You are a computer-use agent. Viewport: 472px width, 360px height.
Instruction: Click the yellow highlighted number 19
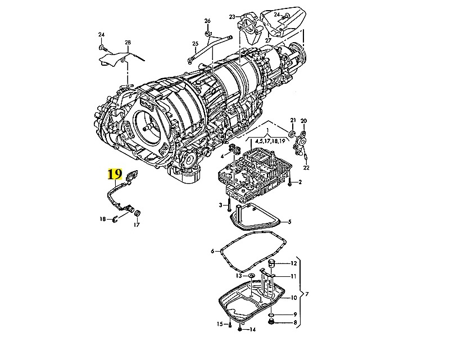[115, 174]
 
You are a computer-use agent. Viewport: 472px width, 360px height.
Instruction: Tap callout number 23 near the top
[232, 17]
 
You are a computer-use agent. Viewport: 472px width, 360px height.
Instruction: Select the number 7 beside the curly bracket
[307, 294]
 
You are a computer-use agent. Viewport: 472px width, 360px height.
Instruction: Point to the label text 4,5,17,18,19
[270, 141]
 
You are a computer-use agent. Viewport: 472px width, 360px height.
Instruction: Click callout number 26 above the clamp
[207, 21]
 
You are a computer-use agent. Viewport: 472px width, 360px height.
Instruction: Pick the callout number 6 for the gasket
[212, 251]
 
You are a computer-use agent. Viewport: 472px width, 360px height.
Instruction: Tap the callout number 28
[128, 43]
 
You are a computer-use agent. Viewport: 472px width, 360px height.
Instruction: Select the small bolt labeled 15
[230, 325]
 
